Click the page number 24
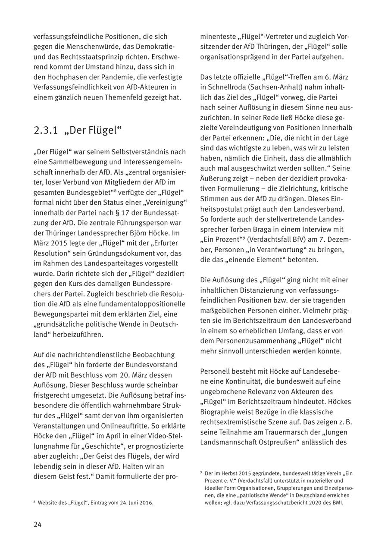[x=38, y=525]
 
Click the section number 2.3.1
[x=46, y=130]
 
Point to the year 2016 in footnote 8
[x=146, y=503]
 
